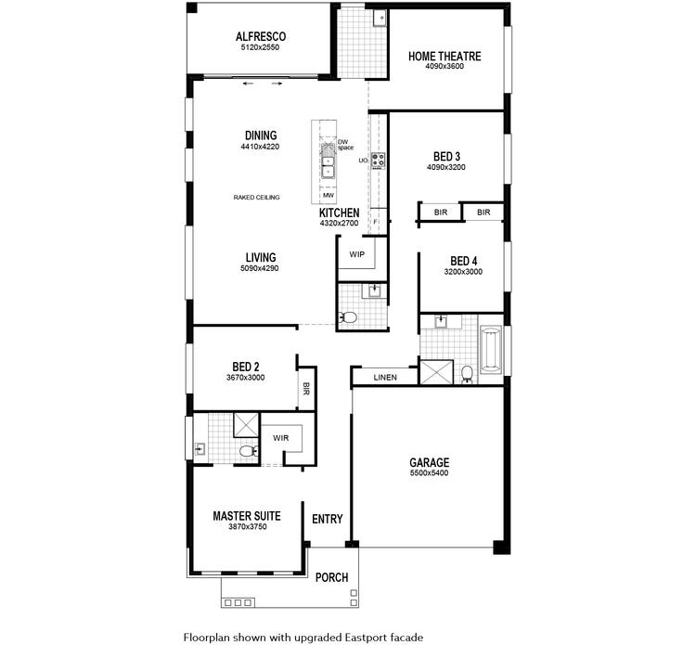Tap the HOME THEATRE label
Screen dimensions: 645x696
(445, 57)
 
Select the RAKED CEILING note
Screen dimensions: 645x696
(257, 198)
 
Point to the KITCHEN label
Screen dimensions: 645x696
(339, 213)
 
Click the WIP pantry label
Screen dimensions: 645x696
(356, 253)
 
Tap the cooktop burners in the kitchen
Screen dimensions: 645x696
(378, 160)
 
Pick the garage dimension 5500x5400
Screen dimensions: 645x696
(429, 473)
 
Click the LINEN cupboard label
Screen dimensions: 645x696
(385, 378)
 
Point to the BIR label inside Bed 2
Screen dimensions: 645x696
(304, 390)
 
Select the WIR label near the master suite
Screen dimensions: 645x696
(280, 438)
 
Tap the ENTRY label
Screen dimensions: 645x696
(327, 519)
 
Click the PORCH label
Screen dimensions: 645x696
(331, 577)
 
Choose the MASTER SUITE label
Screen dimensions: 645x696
(246, 516)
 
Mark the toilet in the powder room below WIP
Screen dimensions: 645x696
(349, 318)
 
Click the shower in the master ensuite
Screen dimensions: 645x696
(246, 425)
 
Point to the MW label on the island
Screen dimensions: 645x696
(328, 196)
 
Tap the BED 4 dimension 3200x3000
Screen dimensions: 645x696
(463, 272)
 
